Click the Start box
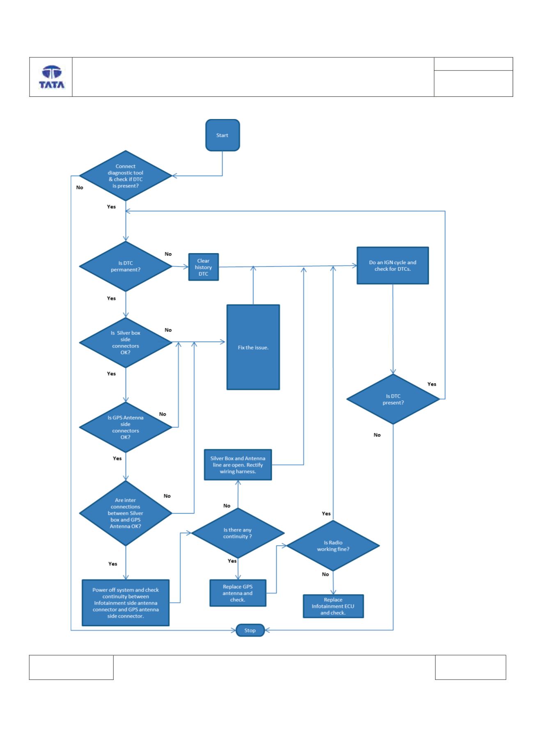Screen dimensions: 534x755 tap(222, 135)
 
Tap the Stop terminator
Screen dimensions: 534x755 tap(250, 630)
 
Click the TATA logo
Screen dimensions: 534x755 tap(51, 77)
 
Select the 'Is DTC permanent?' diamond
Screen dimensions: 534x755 tap(126, 266)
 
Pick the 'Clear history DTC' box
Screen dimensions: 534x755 tap(204, 267)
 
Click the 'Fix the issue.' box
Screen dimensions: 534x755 tap(253, 347)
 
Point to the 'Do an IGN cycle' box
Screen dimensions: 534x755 tap(393, 265)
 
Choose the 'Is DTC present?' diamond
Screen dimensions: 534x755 tap(393, 399)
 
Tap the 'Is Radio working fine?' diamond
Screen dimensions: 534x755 tap(333, 546)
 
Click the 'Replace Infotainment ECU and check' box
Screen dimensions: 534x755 tap(333, 606)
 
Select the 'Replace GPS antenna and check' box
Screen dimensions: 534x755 tap(238, 593)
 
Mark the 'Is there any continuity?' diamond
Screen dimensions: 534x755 tap(238, 533)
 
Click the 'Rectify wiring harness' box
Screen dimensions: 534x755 tap(238, 464)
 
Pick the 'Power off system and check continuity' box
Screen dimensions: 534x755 tap(126, 603)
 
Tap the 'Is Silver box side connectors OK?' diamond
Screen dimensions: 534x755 tap(126, 343)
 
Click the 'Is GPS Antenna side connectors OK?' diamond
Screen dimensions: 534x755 tap(126, 427)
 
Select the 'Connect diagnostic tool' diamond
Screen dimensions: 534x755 tap(126, 176)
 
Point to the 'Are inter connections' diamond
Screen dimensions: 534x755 tap(126, 513)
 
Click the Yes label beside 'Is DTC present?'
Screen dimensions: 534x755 tap(432, 384)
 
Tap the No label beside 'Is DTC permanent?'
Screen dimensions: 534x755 tap(168, 254)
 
